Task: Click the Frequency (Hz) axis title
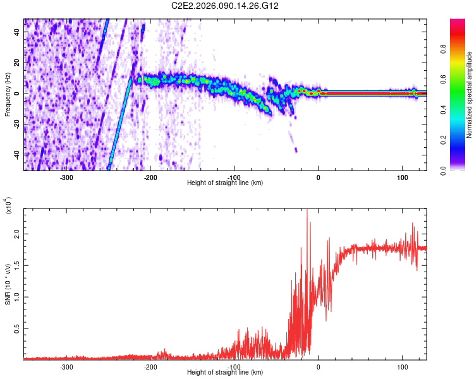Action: pos(8,95)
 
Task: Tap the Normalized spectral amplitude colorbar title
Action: pos(470,95)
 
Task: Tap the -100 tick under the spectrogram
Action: pos(234,177)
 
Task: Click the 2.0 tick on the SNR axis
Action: pos(18,234)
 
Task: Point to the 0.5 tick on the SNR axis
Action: pos(18,328)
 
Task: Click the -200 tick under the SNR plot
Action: pos(150,366)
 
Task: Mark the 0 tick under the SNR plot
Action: pos(319,366)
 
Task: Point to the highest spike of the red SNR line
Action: pos(307,210)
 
